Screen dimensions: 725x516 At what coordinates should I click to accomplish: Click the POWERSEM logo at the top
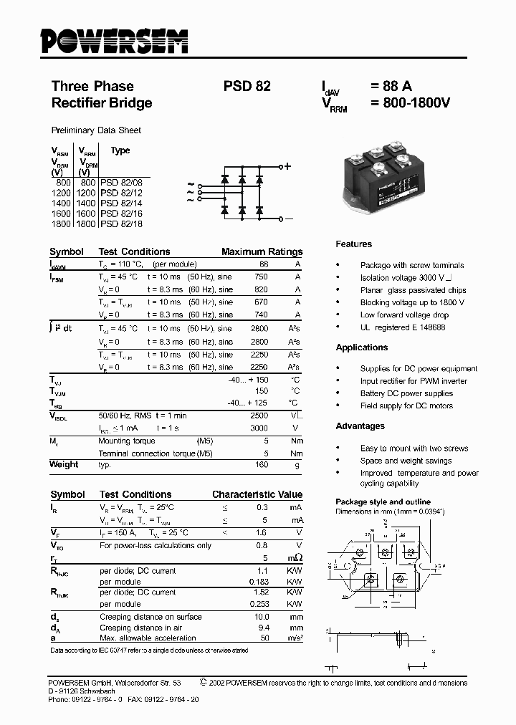113,42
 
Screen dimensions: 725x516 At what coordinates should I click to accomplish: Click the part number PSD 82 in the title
247,86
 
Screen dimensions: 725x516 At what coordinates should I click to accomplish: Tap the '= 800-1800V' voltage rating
410,103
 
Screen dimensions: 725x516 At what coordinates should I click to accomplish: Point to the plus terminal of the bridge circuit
288,166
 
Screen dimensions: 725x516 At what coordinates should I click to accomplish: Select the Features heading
354,244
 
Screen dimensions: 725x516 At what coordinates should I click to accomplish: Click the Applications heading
361,347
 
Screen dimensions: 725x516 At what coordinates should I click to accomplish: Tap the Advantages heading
360,426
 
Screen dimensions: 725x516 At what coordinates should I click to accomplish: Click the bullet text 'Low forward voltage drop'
404,315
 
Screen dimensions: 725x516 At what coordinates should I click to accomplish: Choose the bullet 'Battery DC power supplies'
406,393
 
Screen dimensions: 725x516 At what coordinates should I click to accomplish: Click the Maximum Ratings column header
262,252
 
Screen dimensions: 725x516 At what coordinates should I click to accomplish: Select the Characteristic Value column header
257,494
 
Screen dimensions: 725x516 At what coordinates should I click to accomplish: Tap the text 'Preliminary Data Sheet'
96,130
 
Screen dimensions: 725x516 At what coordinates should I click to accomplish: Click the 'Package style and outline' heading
383,501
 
